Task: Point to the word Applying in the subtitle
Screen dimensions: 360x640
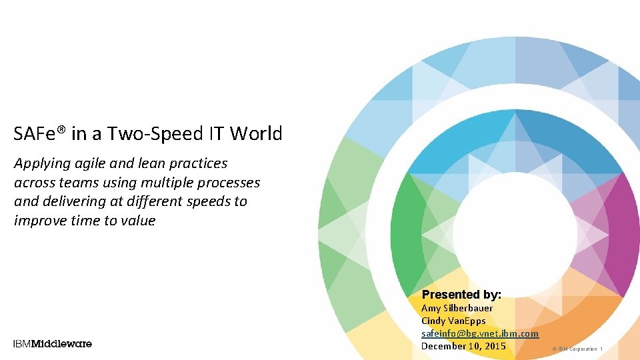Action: (x=41, y=163)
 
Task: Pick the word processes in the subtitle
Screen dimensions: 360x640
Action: (x=227, y=182)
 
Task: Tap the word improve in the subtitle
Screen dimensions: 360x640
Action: (x=38, y=221)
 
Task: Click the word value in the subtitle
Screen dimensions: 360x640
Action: (x=137, y=221)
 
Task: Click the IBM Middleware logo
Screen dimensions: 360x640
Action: (x=53, y=344)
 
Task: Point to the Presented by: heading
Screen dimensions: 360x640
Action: (x=461, y=294)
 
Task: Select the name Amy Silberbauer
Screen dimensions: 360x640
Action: (x=457, y=308)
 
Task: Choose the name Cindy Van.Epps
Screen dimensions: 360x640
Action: (x=453, y=321)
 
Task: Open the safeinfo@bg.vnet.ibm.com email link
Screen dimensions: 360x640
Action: (x=479, y=333)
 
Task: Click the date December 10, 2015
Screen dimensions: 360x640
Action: (x=463, y=346)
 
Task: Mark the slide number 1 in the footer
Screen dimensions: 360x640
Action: (x=601, y=349)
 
